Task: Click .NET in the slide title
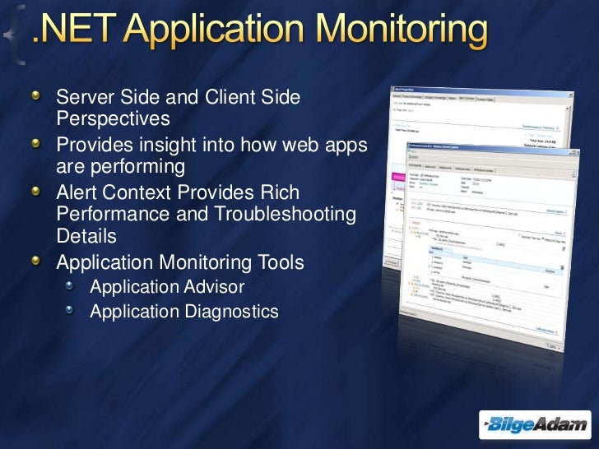(x=72, y=32)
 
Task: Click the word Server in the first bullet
(x=81, y=100)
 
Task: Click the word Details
(x=86, y=235)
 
